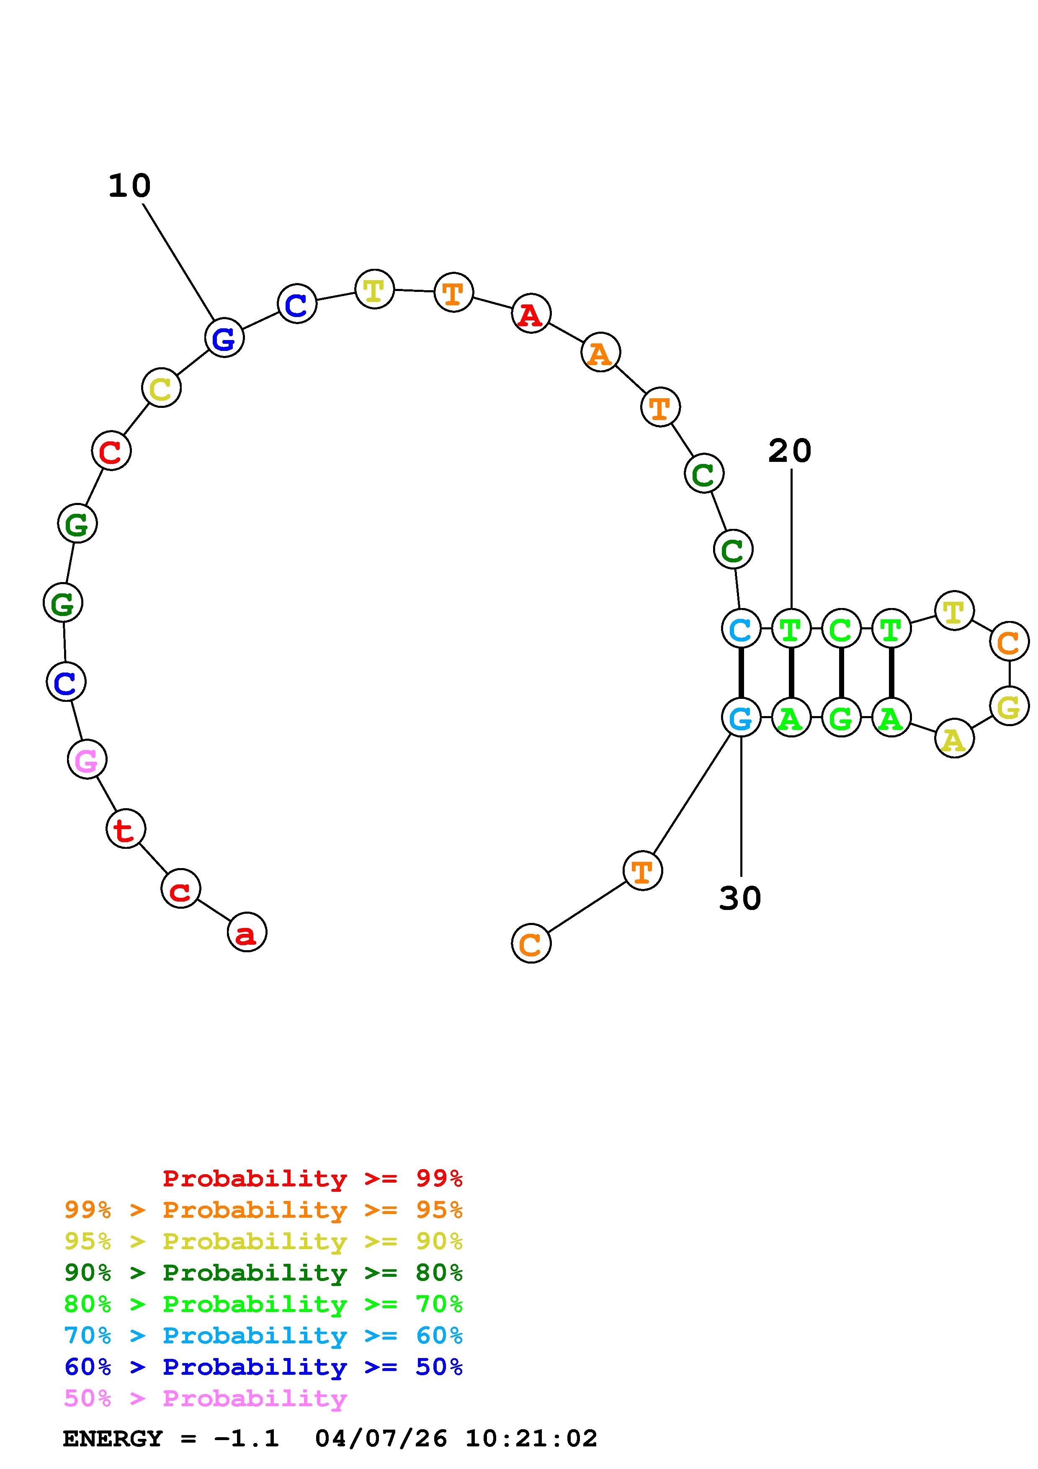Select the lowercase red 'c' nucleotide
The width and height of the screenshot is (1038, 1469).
pos(181,889)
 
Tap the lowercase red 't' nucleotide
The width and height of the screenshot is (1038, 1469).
pos(126,829)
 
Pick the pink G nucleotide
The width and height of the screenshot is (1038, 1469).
pos(87,760)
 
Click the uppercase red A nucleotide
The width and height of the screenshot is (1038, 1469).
pos(531,314)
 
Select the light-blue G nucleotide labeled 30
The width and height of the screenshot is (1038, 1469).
pos(741,718)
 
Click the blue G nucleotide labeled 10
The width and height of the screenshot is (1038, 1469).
pos(224,338)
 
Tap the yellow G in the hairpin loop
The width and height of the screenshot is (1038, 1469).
pos(1009,707)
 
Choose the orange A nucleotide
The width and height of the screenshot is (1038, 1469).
pos(600,353)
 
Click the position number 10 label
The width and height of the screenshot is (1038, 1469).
pos(129,186)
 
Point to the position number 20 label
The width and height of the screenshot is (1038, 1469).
pos(790,451)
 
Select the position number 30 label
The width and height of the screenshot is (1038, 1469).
pos(740,898)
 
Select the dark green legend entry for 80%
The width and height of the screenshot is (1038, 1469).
pos(263,1273)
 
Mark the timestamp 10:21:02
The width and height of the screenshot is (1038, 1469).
pos(531,1439)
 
